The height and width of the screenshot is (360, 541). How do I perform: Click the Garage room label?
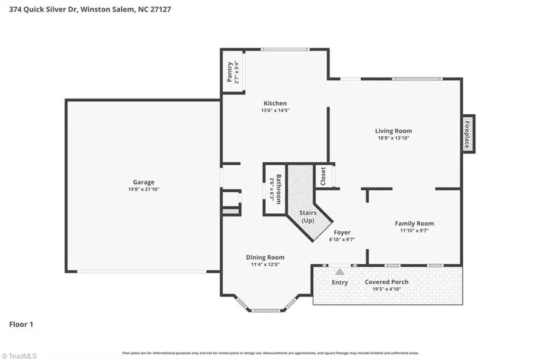click(x=144, y=182)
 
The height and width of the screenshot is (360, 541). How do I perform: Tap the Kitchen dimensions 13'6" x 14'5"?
click(x=275, y=111)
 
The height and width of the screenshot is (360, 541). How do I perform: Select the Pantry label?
click(x=229, y=72)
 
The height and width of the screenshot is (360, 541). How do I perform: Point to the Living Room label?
click(x=393, y=130)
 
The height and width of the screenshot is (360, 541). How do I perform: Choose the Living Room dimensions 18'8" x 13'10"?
click(x=393, y=138)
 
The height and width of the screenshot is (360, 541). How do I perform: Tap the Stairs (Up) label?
click(x=308, y=216)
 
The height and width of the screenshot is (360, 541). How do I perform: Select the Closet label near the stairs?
click(x=323, y=176)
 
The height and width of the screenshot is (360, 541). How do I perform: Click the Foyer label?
click(x=340, y=233)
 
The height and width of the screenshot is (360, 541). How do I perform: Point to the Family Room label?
click(x=414, y=224)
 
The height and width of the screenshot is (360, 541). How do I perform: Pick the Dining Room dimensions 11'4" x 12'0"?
click(x=265, y=264)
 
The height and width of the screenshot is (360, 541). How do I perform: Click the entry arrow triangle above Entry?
click(x=340, y=272)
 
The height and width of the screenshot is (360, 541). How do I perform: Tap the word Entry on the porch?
click(x=340, y=282)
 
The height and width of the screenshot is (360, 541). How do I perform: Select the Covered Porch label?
click(x=387, y=282)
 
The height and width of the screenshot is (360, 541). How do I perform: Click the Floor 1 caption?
click(x=21, y=325)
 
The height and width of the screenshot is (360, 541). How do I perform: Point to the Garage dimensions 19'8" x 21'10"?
click(x=144, y=189)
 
